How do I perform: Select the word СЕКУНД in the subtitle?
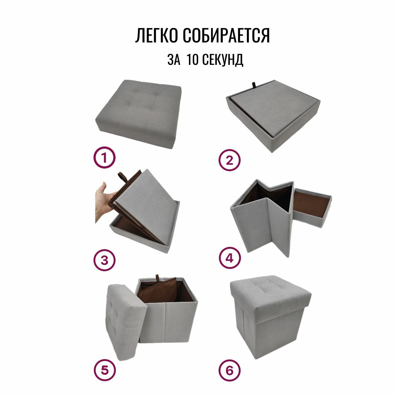(223, 60)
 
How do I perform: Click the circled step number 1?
(104, 157)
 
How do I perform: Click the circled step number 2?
(229, 160)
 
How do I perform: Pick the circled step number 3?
(104, 260)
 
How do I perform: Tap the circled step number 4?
(229, 258)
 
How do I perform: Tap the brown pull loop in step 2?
(254, 86)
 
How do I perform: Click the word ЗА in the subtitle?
(174, 60)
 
